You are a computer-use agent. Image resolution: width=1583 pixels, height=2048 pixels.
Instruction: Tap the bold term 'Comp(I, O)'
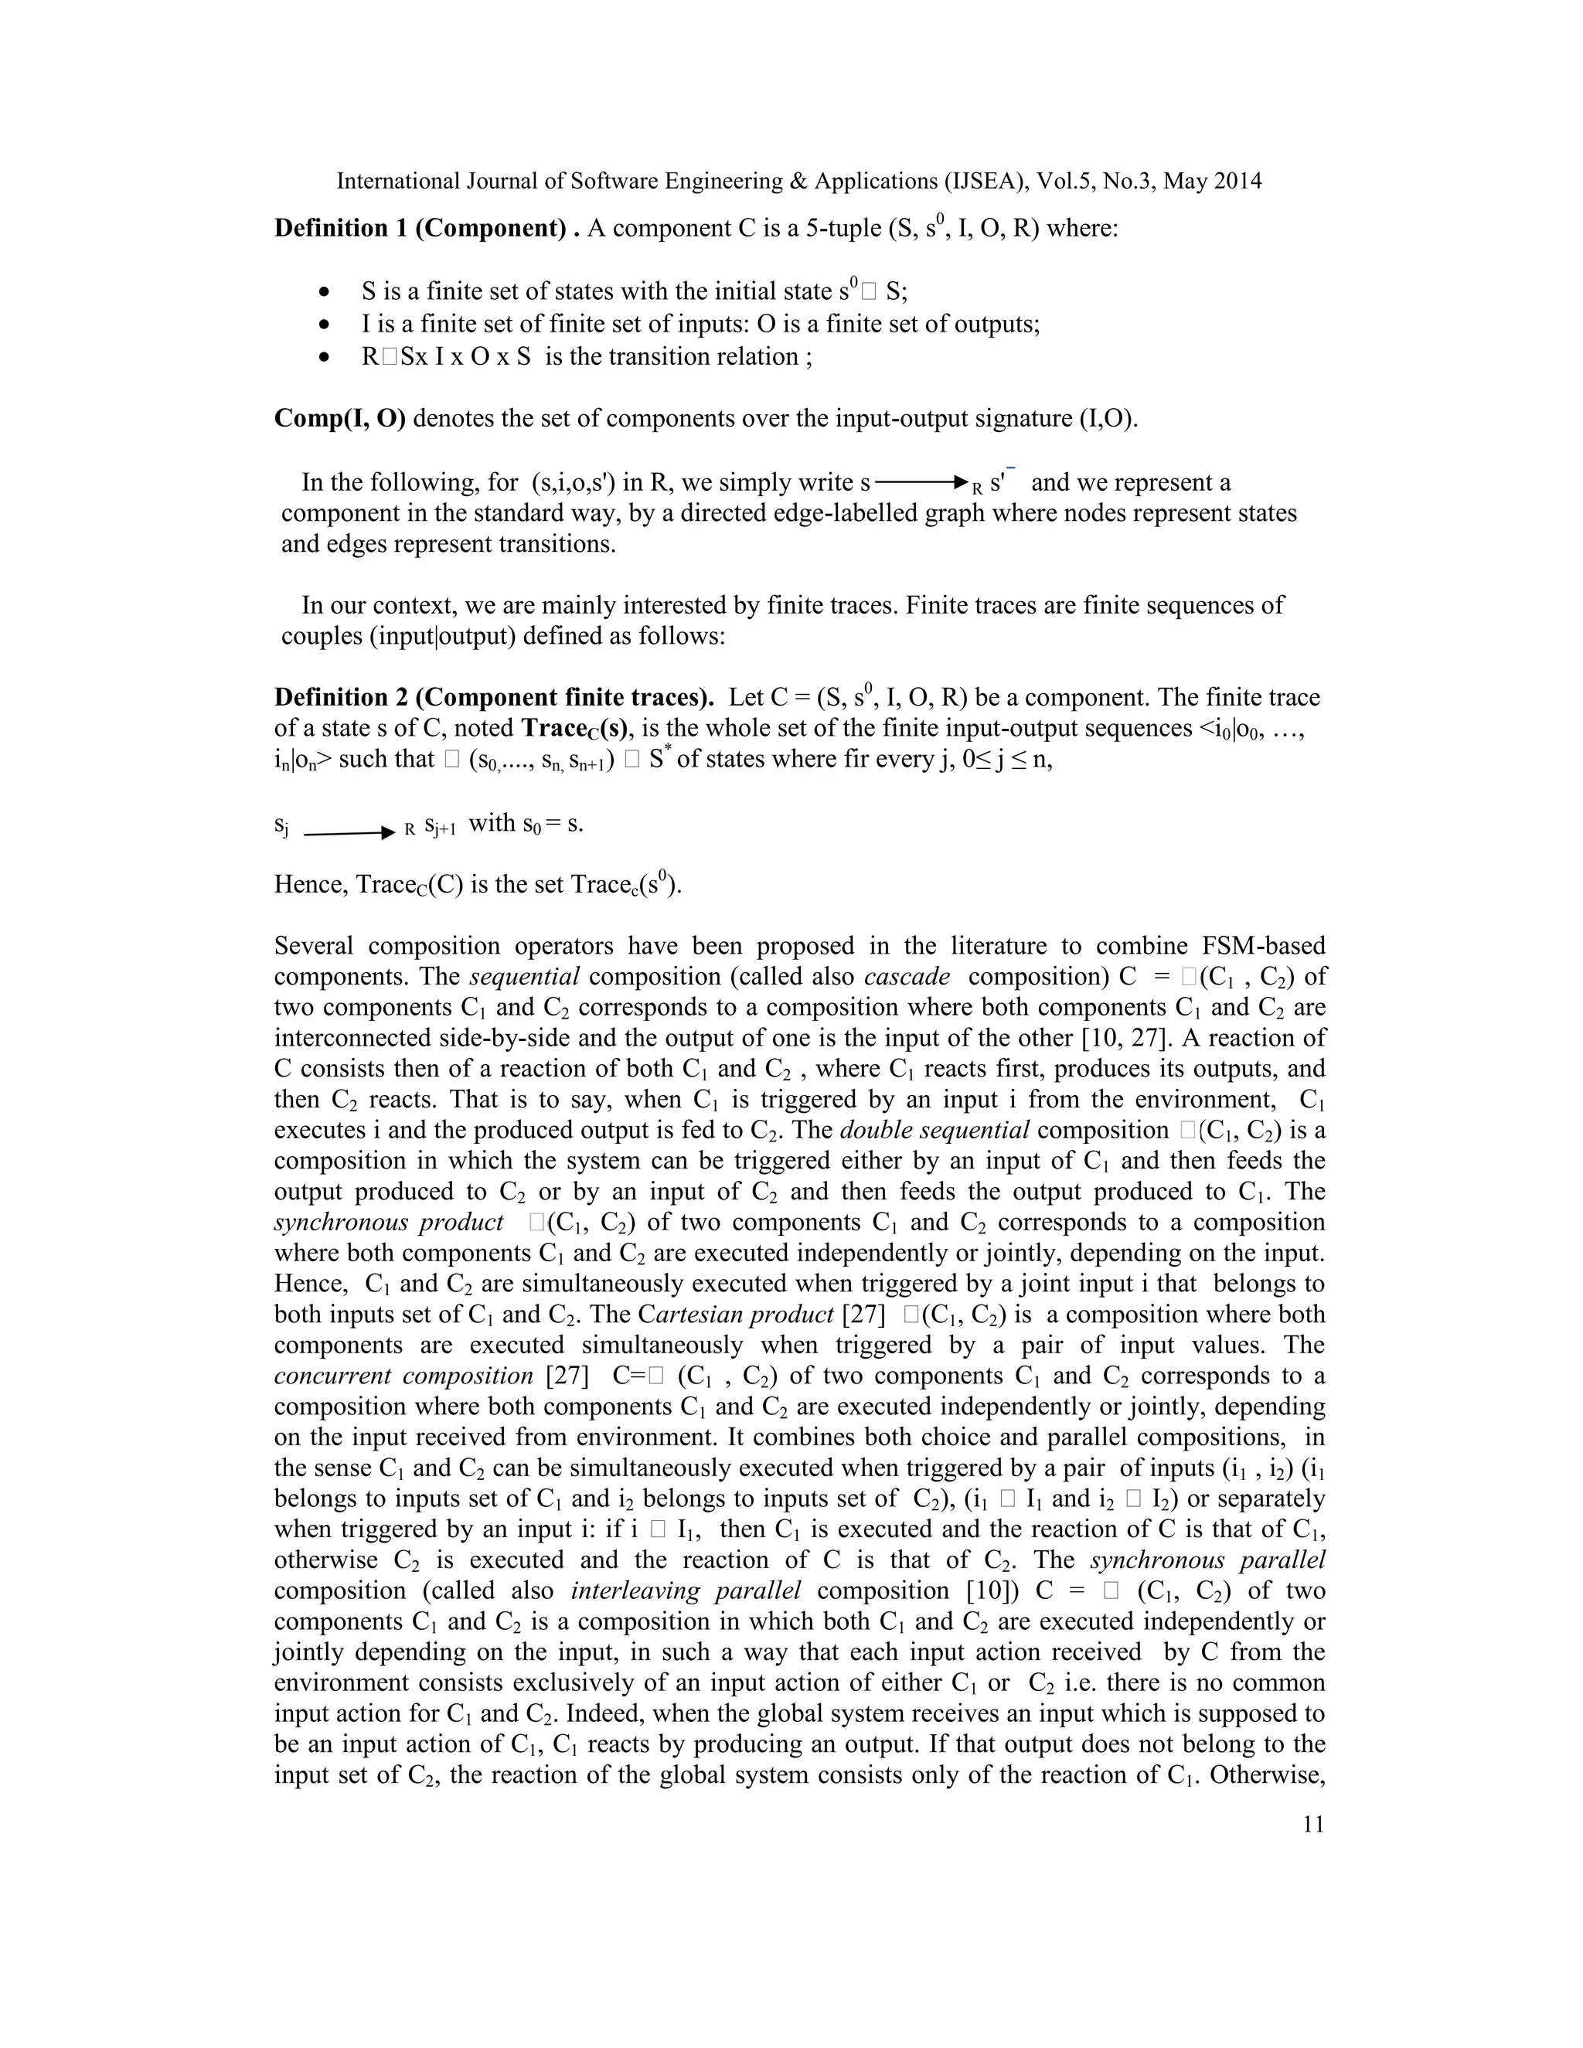(339, 418)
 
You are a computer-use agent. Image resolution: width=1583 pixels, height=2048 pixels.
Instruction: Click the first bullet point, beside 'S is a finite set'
(325, 291)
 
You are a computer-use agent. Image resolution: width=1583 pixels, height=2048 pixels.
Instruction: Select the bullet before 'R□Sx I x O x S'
(325, 357)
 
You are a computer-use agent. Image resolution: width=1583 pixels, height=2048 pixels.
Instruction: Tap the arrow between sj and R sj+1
(349, 832)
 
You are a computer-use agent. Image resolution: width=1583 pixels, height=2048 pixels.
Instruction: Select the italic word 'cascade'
(906, 976)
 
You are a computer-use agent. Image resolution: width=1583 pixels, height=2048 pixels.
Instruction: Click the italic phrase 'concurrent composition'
(403, 1376)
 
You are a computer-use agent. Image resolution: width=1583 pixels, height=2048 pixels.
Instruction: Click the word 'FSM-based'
(1262, 945)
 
